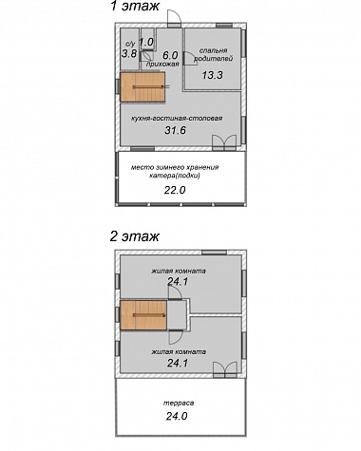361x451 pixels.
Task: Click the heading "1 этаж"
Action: [135, 6]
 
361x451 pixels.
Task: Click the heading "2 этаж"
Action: [135, 236]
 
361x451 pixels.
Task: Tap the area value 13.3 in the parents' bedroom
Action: [213, 75]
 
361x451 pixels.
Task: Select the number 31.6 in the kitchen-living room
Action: [175, 130]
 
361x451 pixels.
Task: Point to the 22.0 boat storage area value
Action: [175, 190]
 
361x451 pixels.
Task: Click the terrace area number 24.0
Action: [177, 416]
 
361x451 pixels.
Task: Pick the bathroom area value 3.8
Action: [129, 53]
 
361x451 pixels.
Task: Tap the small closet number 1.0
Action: [146, 42]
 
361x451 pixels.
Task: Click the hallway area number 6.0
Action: [170, 55]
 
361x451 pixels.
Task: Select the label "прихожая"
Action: [162, 65]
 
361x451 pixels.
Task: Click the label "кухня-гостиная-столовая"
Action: [177, 119]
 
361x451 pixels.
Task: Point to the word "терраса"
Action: [179, 404]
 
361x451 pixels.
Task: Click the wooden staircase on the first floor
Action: [142, 86]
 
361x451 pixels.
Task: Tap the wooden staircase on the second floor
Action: [143, 315]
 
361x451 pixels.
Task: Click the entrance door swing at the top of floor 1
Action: [174, 17]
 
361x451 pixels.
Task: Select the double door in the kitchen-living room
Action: [224, 142]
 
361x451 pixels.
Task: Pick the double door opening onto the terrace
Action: [225, 369]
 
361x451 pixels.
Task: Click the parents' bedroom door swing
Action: [190, 59]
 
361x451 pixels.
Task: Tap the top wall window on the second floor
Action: [214, 253]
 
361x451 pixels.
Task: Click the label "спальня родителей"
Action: [213, 54]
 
